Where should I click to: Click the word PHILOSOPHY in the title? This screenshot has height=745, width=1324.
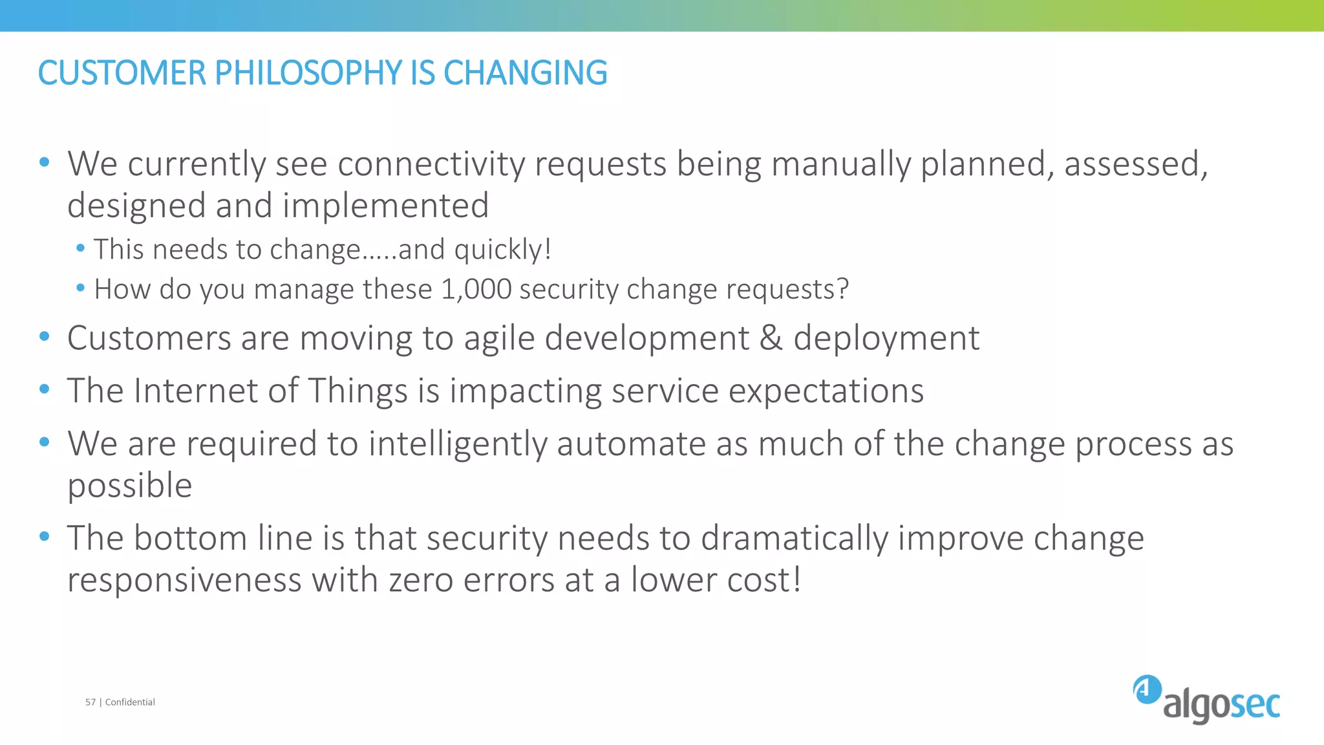pos(308,72)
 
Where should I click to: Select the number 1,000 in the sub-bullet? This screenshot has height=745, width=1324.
pos(476,289)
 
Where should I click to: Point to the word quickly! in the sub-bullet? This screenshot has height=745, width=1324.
pos(502,250)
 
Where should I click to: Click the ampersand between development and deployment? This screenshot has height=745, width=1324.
pos(771,338)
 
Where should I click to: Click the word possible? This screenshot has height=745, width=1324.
pos(129,486)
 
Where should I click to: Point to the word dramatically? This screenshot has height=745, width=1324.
pos(795,539)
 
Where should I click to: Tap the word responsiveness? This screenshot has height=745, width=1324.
pos(184,579)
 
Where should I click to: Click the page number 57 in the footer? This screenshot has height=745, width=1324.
pos(91,702)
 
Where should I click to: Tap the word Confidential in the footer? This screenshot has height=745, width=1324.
pos(130,702)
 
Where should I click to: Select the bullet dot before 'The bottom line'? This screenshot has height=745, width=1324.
pos(44,536)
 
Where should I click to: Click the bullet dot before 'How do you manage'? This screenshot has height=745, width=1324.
pos(80,288)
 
